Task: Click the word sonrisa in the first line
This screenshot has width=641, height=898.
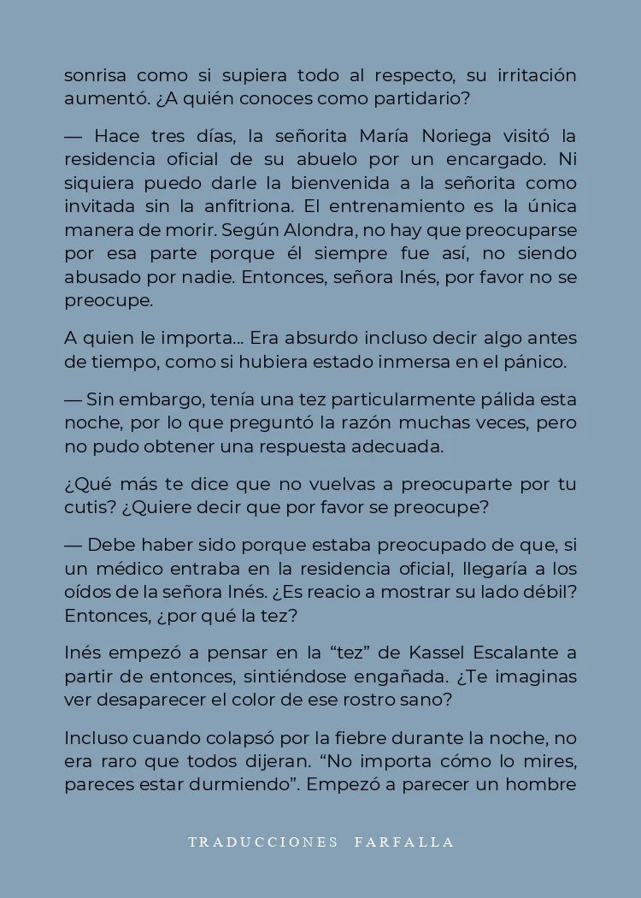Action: click(x=95, y=75)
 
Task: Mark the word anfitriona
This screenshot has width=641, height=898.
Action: click(x=261, y=206)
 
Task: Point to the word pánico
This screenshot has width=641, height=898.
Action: click(x=538, y=361)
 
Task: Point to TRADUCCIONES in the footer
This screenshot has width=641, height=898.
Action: click(x=263, y=842)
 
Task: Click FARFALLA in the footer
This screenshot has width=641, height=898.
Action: click(x=404, y=842)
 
